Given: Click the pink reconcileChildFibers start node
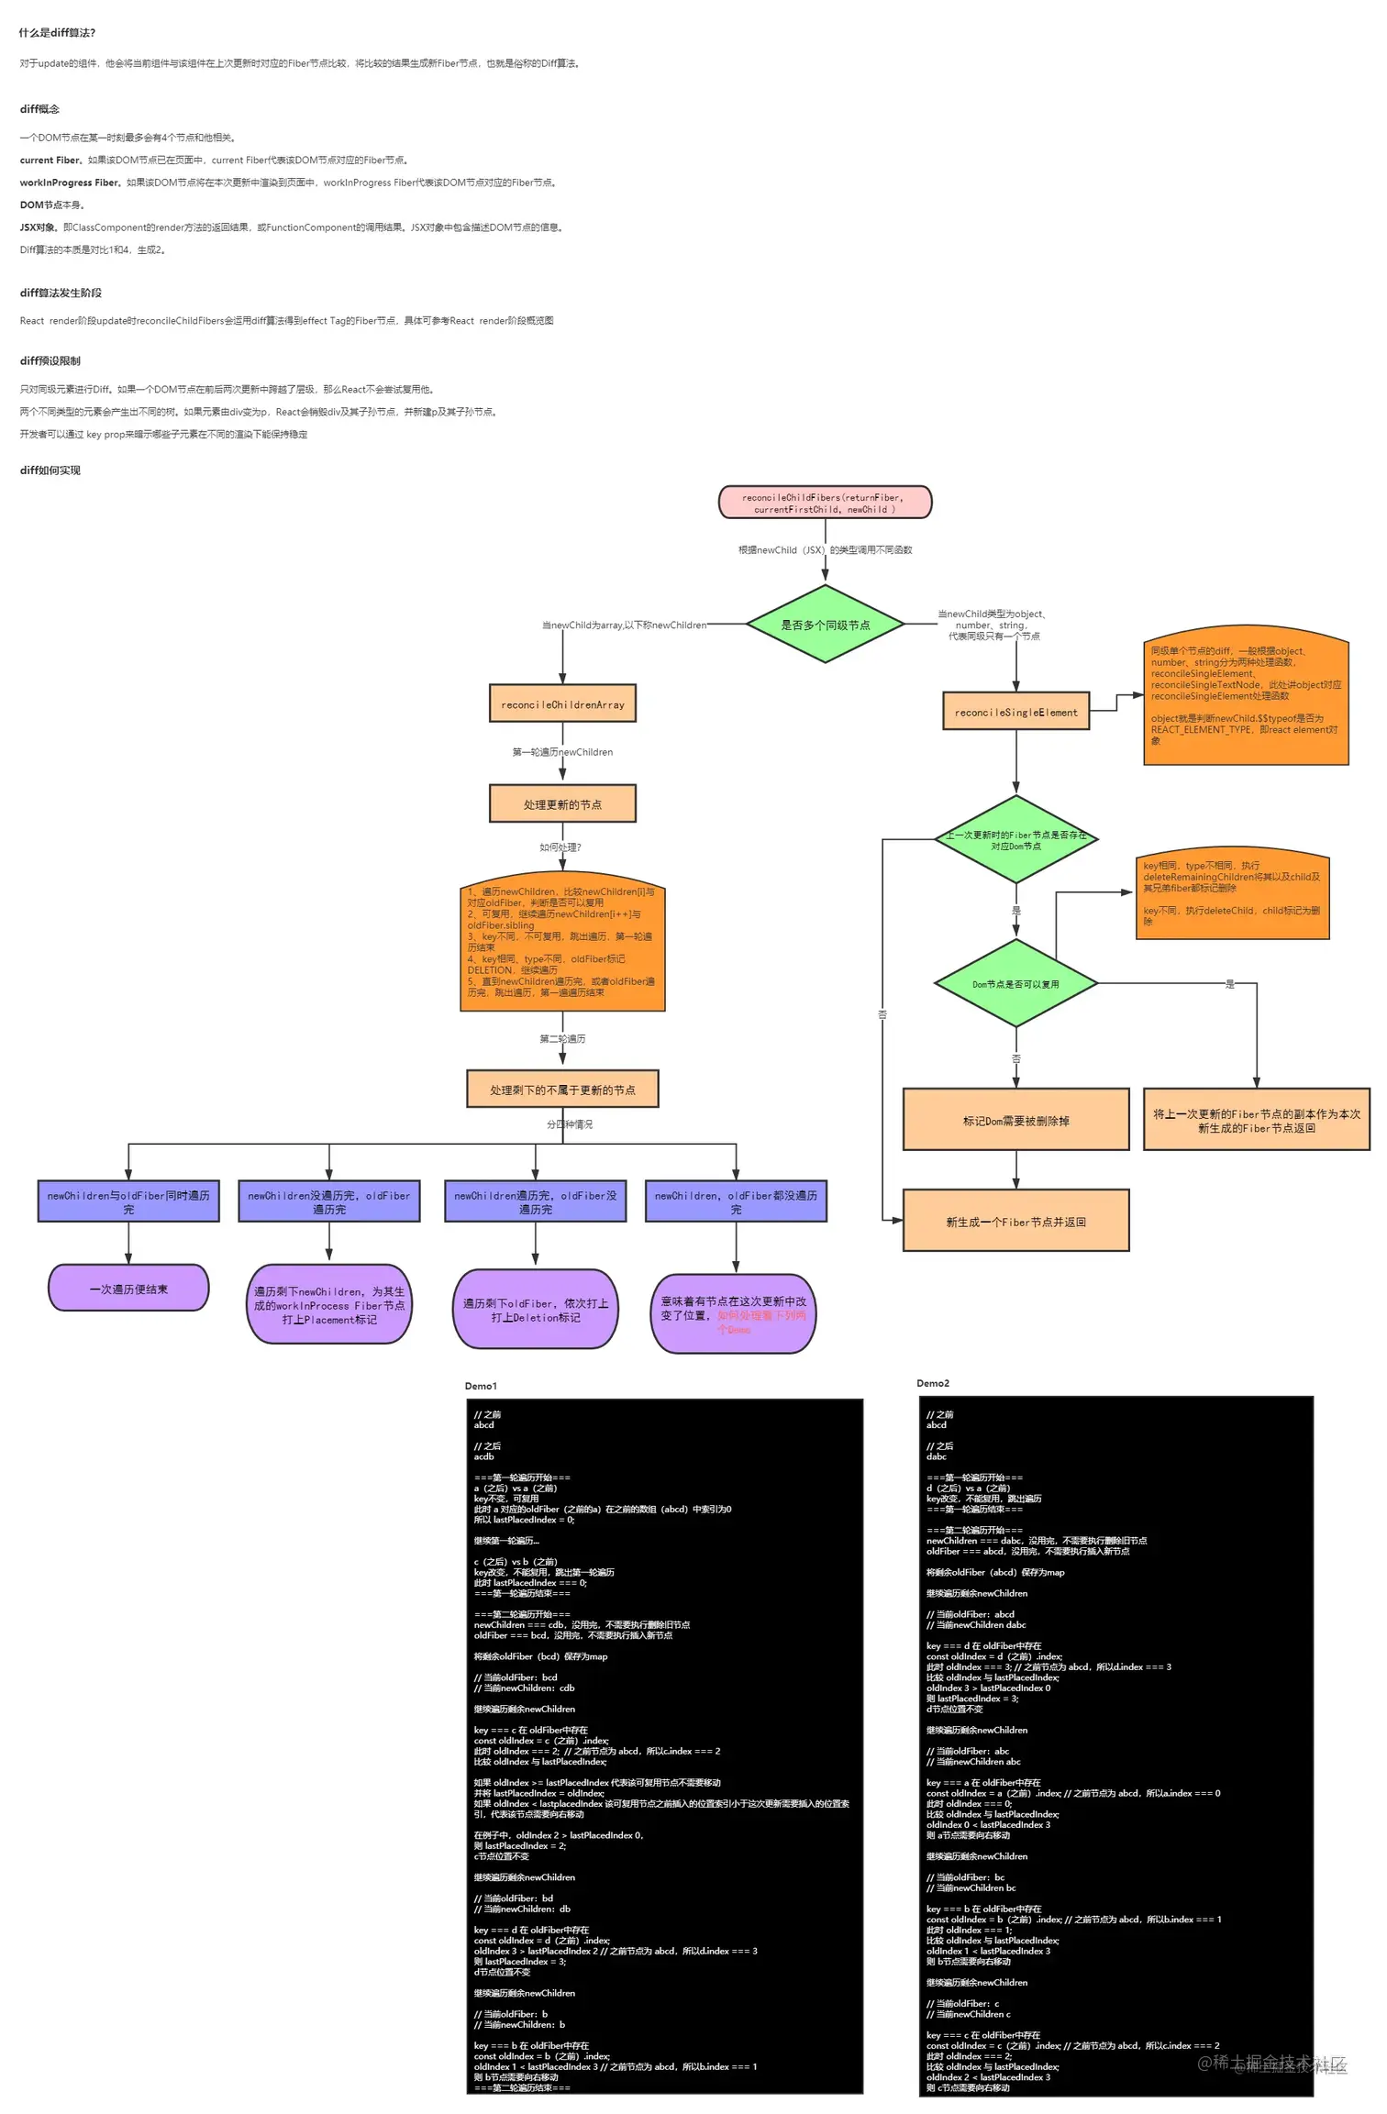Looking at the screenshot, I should pyautogui.click(x=825, y=503).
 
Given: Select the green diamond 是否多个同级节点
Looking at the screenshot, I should pyautogui.click(x=825, y=625).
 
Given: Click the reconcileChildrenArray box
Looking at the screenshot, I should pyautogui.click(x=562, y=704).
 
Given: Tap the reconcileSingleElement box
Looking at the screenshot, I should pyautogui.click(x=1015, y=712).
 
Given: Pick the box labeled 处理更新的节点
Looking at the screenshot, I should pyautogui.click(x=562, y=804).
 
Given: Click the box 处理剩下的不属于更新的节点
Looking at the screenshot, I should pyautogui.click(x=562, y=1090).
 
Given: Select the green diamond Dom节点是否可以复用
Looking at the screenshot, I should pyautogui.click(x=1015, y=984).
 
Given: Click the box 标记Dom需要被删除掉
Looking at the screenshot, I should pyautogui.click(x=1015, y=1120).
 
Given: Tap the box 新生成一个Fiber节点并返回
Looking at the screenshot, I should pyautogui.click(x=1015, y=1221).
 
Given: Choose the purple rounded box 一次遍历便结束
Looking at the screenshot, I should pyautogui.click(x=128, y=1289).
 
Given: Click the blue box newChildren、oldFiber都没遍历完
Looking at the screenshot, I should pyautogui.click(x=736, y=1201).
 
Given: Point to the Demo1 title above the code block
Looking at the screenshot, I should pyautogui.click(x=481, y=1386).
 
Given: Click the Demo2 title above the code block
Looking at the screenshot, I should pyautogui.click(x=933, y=1383).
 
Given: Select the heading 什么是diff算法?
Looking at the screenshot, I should pyautogui.click(x=58, y=33).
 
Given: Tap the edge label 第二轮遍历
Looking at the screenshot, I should pyautogui.click(x=562, y=1039).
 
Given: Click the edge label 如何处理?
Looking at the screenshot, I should pyautogui.click(x=560, y=847).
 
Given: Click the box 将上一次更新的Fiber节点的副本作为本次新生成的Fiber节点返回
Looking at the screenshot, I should pyautogui.click(x=1256, y=1120).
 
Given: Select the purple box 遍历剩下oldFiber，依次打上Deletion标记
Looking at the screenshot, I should pyautogui.click(x=535, y=1310).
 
